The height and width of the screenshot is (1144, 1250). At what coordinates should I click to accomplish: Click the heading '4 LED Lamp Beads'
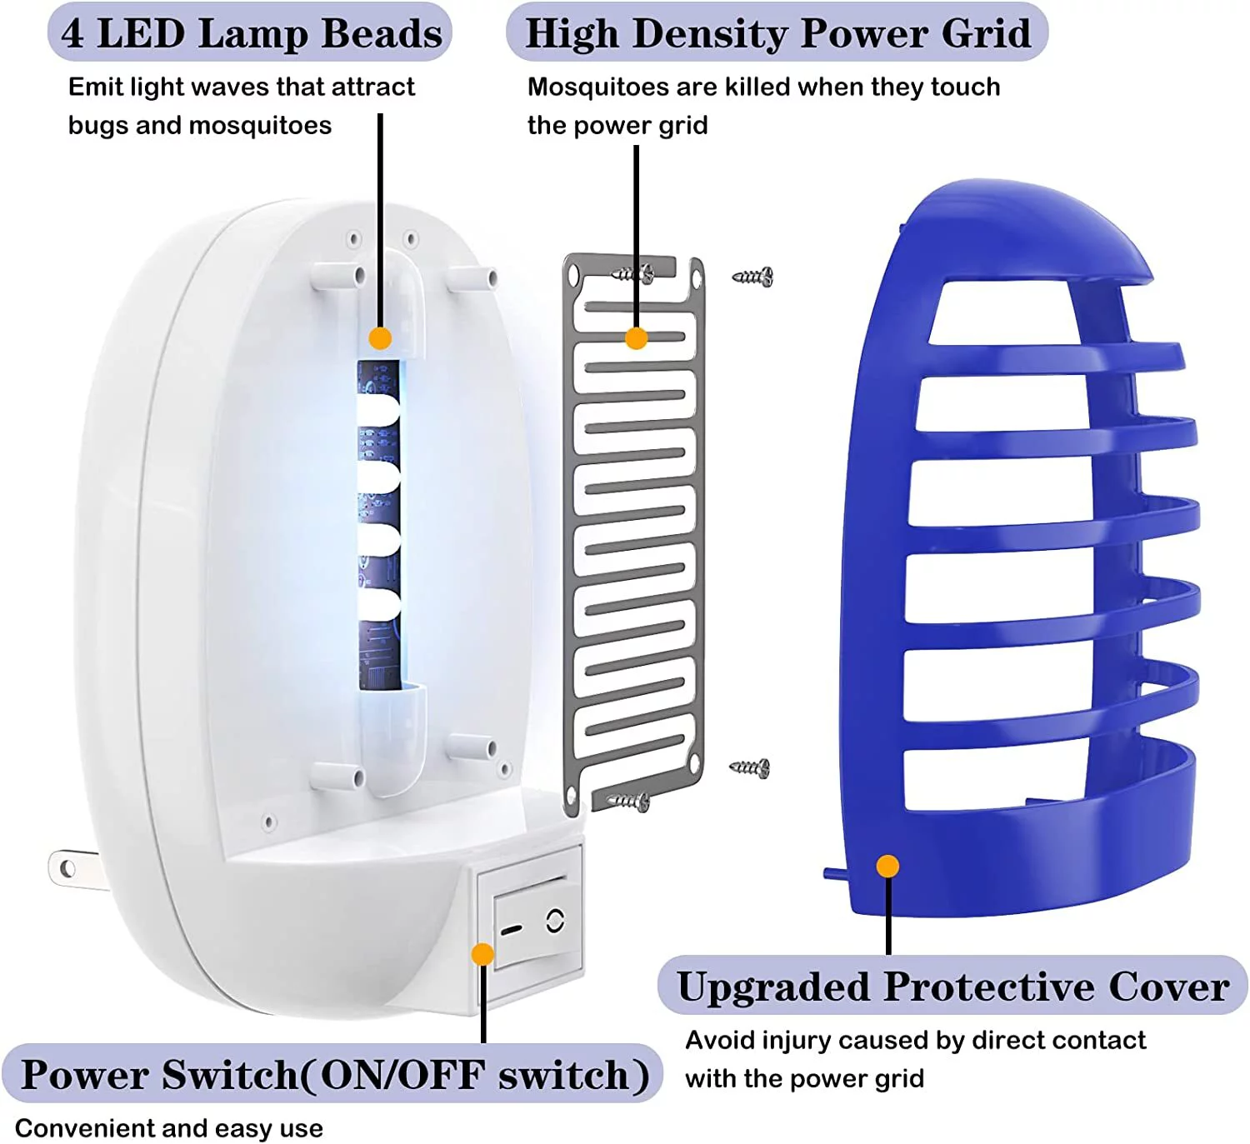[x=250, y=33]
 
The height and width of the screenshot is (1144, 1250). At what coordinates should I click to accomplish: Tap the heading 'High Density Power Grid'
[x=777, y=33]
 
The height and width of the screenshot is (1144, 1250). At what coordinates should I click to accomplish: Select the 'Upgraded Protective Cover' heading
[x=952, y=987]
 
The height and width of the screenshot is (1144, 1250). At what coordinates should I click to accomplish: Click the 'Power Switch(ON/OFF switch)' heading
[x=333, y=1075]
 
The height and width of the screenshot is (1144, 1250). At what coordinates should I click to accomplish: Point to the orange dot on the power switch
[x=482, y=954]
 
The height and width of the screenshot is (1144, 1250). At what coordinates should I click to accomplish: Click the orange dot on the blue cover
[x=888, y=867]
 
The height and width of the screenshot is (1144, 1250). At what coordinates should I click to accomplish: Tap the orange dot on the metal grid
[x=637, y=338]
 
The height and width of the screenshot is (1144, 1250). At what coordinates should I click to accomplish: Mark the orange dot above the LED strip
[x=380, y=338]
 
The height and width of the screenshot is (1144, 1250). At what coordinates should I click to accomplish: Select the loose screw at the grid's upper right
[x=752, y=277]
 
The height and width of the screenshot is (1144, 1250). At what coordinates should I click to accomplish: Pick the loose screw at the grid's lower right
[x=750, y=768]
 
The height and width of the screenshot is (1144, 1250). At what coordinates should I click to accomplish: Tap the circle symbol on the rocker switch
[x=555, y=920]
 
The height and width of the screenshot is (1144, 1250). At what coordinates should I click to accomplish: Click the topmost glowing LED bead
[x=379, y=409]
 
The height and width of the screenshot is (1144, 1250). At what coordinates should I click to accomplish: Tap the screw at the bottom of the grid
[x=629, y=802]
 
